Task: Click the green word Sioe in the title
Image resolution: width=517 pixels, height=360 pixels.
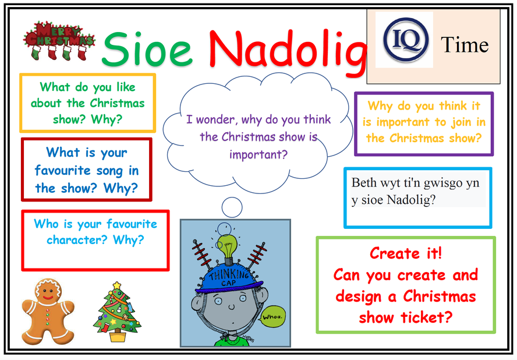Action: coord(147,49)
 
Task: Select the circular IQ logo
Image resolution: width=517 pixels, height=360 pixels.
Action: coord(406,40)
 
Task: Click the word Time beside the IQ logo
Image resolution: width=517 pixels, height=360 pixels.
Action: coord(465,45)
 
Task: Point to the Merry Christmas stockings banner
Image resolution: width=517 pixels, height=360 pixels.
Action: coord(59,41)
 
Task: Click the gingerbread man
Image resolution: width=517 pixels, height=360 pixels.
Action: coord(48,312)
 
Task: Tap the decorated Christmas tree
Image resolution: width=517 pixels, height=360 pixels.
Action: coord(117,312)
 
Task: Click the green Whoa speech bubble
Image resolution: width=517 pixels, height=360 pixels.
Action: coord(272,317)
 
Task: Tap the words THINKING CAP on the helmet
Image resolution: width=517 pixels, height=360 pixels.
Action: coord(230,277)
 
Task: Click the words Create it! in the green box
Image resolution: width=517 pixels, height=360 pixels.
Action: coord(406,253)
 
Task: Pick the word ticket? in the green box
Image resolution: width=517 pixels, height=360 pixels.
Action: coord(426,317)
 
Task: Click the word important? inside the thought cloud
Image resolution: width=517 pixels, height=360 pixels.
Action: coord(258,154)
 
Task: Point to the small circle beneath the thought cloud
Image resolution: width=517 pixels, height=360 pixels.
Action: coord(232,207)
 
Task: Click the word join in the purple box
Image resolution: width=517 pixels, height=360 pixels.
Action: coord(461,122)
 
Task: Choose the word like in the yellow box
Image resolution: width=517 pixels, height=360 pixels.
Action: coord(126,87)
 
